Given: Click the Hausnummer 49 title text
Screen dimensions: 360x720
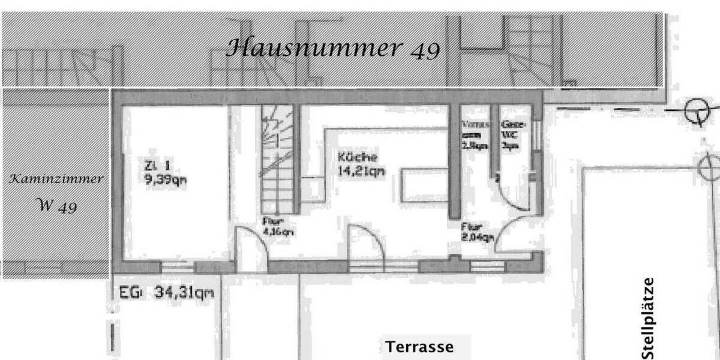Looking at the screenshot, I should click(x=334, y=48).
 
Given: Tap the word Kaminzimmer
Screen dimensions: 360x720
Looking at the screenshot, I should click(x=55, y=179).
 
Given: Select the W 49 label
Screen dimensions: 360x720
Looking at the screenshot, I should click(x=57, y=206).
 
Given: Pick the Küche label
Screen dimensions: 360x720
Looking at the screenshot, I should click(x=358, y=157).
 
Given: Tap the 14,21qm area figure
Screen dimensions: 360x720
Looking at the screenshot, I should click(x=361, y=170).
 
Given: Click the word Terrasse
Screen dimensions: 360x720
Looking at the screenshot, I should click(x=419, y=347).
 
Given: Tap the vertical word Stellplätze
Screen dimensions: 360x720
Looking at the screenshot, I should click(x=649, y=318).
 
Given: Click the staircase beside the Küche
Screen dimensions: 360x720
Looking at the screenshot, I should click(x=277, y=159).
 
